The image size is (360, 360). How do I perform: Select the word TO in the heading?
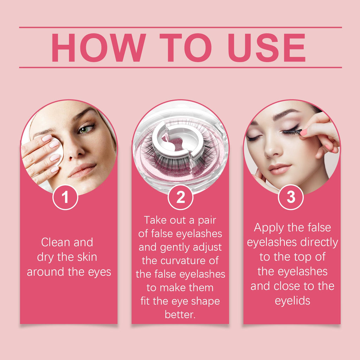(x=185, y=47)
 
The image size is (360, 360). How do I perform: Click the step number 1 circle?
(x=65, y=197)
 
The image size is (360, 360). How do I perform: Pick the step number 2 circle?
(x=180, y=197)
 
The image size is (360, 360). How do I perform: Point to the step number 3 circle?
(x=291, y=197)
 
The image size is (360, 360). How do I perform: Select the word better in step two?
(x=180, y=314)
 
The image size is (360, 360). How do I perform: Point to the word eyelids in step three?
(x=292, y=301)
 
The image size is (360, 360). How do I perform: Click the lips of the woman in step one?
(x=82, y=170)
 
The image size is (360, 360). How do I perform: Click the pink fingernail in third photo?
(x=303, y=133)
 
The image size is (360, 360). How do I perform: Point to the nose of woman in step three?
(x=272, y=149)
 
